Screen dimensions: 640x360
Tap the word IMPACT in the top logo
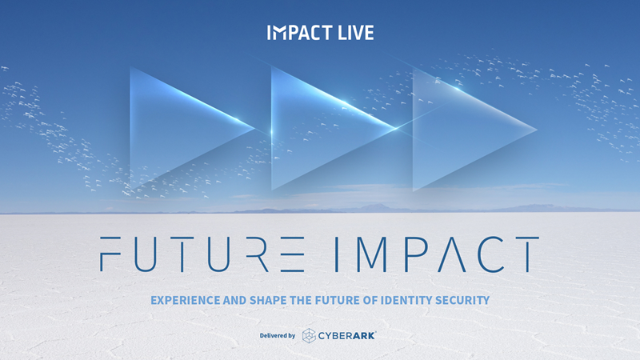click(299, 33)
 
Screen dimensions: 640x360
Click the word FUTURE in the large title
click(202, 254)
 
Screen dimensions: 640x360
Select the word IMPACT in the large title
click(437, 254)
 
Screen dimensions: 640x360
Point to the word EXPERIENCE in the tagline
click(186, 301)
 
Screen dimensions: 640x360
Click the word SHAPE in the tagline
click(268, 301)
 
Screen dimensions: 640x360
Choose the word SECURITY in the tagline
click(462, 301)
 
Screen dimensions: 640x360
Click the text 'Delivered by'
click(278, 335)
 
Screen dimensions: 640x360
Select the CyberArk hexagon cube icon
click(309, 335)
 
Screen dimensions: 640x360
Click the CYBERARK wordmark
click(346, 335)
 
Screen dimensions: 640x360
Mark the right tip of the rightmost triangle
click(537, 130)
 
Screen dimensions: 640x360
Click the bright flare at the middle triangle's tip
click(395, 129)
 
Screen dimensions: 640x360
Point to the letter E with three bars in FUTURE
click(292, 254)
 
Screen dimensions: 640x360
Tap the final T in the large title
click(526, 254)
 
